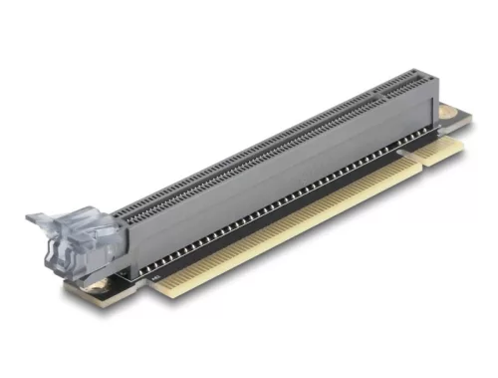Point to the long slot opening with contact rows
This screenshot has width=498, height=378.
(x=249, y=150)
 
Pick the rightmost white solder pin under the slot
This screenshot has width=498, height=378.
(x=394, y=150)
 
